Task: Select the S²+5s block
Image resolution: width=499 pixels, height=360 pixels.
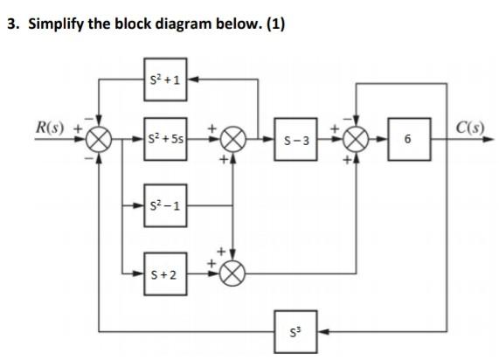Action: coord(164,139)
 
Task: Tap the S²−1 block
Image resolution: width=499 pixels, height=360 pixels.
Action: coord(164,205)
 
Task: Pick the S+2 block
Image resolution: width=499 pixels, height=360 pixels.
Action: coord(164,273)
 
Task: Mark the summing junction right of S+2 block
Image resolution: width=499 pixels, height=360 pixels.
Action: coord(233,273)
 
